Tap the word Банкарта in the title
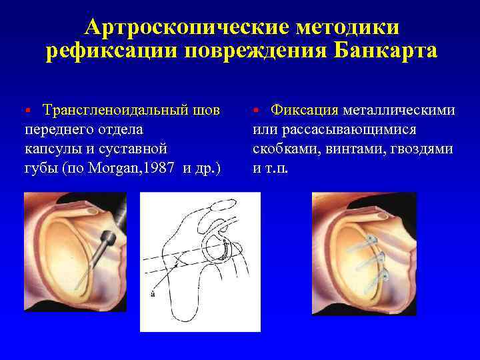click(x=380, y=51)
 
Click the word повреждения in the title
click(x=245, y=51)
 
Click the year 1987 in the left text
click(x=159, y=167)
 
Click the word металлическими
click(x=399, y=109)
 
